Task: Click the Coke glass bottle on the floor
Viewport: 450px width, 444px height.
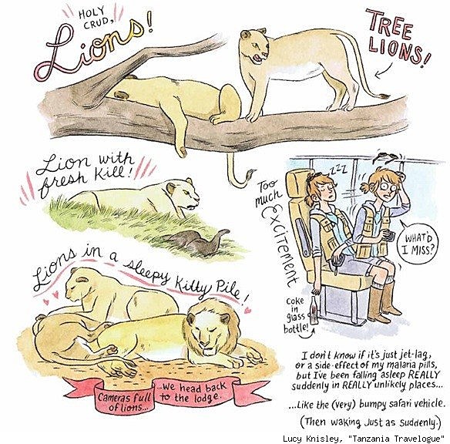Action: pyautogui.click(x=314, y=311)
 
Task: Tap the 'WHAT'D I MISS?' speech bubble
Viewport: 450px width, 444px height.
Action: pyautogui.click(x=418, y=244)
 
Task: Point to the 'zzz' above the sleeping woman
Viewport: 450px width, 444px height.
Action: pyautogui.click(x=338, y=170)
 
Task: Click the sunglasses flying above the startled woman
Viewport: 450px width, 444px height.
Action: pyautogui.click(x=386, y=156)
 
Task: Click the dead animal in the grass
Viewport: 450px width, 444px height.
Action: pyautogui.click(x=195, y=242)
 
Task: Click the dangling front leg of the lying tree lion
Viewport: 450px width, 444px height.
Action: pyautogui.click(x=180, y=132)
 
